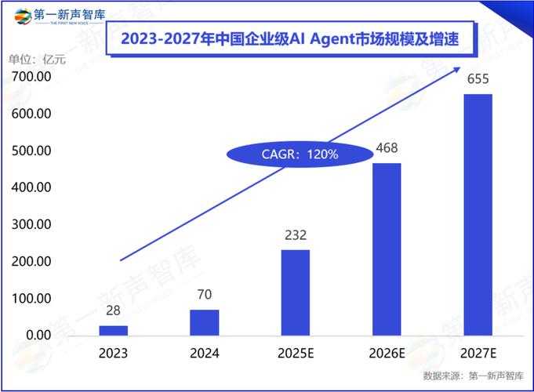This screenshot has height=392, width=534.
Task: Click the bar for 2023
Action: (x=113, y=330)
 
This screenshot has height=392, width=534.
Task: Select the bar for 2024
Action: (x=204, y=322)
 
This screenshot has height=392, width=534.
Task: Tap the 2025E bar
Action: (x=296, y=292)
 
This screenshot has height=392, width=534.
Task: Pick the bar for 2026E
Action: (x=387, y=249)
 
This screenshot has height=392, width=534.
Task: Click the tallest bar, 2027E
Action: (x=478, y=214)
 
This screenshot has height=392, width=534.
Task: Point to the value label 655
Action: (x=478, y=80)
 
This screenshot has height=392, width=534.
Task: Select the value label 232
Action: (x=296, y=235)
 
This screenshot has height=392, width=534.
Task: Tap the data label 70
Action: (x=204, y=295)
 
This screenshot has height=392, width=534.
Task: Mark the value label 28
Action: (x=113, y=311)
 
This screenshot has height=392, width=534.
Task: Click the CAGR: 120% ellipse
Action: (x=300, y=154)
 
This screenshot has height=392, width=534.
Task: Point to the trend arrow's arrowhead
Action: (x=458, y=70)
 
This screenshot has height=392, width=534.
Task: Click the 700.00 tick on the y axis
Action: (x=31, y=77)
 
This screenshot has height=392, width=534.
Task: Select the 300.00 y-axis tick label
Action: (x=31, y=224)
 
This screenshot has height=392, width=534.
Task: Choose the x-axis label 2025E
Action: (x=296, y=354)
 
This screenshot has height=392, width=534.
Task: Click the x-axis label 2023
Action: (x=113, y=354)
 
